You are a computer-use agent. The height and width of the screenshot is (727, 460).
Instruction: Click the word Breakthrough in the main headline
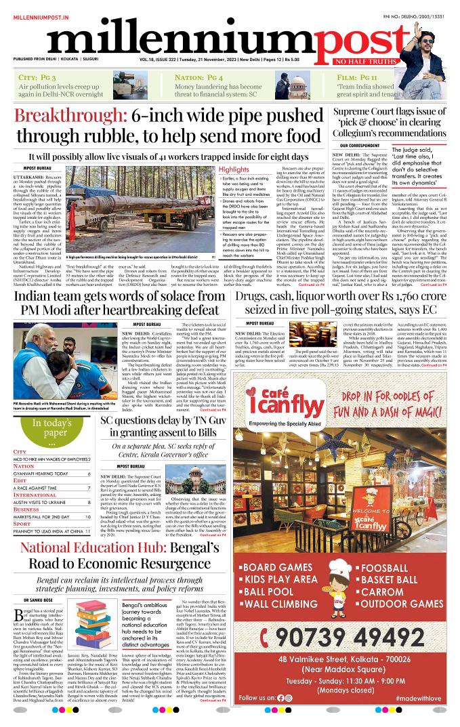pyautogui.click(x=70, y=116)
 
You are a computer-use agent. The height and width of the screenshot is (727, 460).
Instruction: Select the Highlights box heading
pyautogui.click(x=215, y=169)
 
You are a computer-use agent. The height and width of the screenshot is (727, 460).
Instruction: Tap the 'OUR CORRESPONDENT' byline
pyautogui.click(x=360, y=145)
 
